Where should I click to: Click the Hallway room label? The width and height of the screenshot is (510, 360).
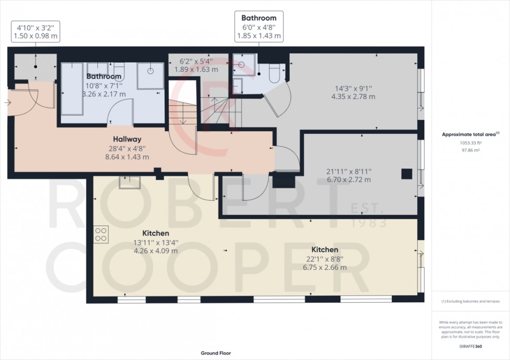coord(127,139)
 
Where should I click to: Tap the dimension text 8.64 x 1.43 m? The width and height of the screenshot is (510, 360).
coord(127,157)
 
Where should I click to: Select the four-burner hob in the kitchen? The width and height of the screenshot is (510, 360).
coord(101,235)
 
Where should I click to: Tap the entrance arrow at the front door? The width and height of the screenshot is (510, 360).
coord(7,103)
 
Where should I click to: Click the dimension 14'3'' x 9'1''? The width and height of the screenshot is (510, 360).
coord(353,88)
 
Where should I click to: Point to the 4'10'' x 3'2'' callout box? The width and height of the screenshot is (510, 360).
coord(36,32)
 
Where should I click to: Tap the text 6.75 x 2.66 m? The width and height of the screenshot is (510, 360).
coord(325,268)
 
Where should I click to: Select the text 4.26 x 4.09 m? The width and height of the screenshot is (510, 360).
coord(156,251)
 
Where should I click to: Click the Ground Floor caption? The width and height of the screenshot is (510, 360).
coord(216,353)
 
